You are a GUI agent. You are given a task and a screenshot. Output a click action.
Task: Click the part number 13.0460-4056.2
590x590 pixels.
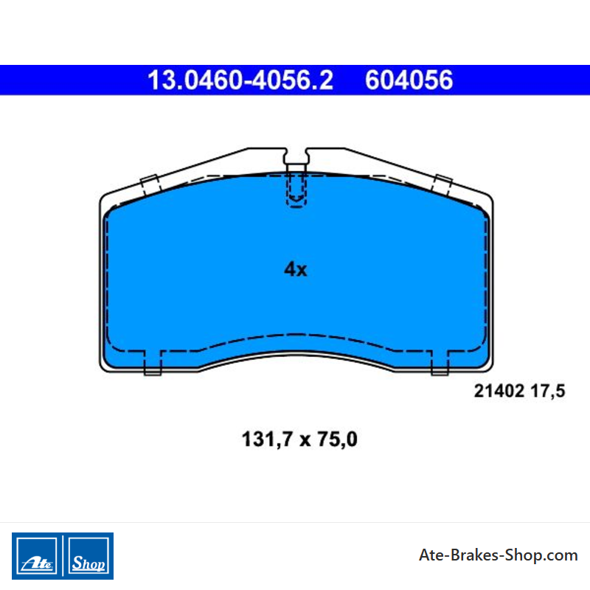click(x=240, y=80)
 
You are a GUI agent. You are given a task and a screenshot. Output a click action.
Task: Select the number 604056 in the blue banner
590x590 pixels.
click(x=409, y=80)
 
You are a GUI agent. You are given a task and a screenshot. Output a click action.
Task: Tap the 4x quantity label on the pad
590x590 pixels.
click(x=296, y=269)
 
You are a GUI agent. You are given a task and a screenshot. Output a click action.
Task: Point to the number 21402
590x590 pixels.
click(x=499, y=391)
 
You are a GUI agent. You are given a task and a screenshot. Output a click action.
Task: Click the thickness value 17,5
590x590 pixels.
click(x=548, y=392)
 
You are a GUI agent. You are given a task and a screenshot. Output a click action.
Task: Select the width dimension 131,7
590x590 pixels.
click(x=267, y=439)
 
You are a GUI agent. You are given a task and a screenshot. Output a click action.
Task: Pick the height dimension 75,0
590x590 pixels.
click(x=337, y=439)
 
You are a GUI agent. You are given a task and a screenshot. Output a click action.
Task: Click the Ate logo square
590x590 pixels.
click(x=36, y=556)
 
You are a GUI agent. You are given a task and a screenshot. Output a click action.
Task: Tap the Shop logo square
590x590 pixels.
click(x=88, y=556)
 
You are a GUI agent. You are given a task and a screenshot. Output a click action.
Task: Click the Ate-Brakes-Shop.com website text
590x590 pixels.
click(x=499, y=555)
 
